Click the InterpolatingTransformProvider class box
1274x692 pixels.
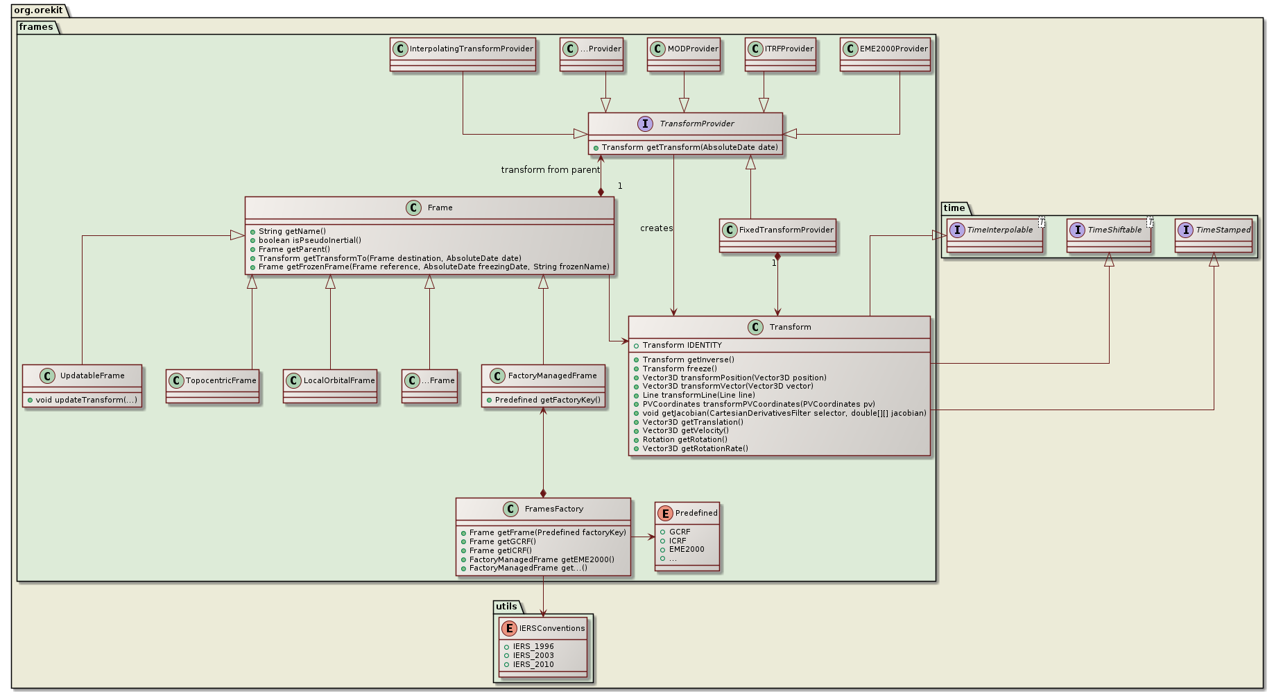pyautogui.click(x=463, y=54)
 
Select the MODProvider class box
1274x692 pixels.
pyautogui.click(x=684, y=54)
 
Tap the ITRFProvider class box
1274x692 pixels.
pyautogui.click(x=780, y=54)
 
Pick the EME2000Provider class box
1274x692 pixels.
pyautogui.click(x=885, y=54)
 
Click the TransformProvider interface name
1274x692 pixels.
pyautogui.click(x=696, y=124)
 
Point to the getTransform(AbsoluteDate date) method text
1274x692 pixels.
pyautogui.click(x=689, y=147)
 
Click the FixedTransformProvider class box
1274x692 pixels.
pyautogui.click(x=777, y=235)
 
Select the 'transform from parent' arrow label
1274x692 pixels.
pyautogui.click(x=550, y=170)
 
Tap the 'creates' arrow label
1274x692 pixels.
pyautogui.click(x=656, y=228)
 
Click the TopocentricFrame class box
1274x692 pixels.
pyautogui.click(x=212, y=386)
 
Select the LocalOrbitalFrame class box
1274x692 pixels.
pyautogui.click(x=330, y=386)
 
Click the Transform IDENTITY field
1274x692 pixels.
pyautogui.click(x=682, y=345)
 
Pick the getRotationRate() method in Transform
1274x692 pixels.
pyautogui.click(x=695, y=448)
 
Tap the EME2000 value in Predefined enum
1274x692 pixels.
pyautogui.click(x=686, y=549)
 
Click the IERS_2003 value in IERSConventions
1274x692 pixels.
pyautogui.click(x=533, y=655)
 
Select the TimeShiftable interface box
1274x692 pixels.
pyautogui.click(x=1109, y=235)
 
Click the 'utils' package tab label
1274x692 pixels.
pyautogui.click(x=506, y=607)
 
